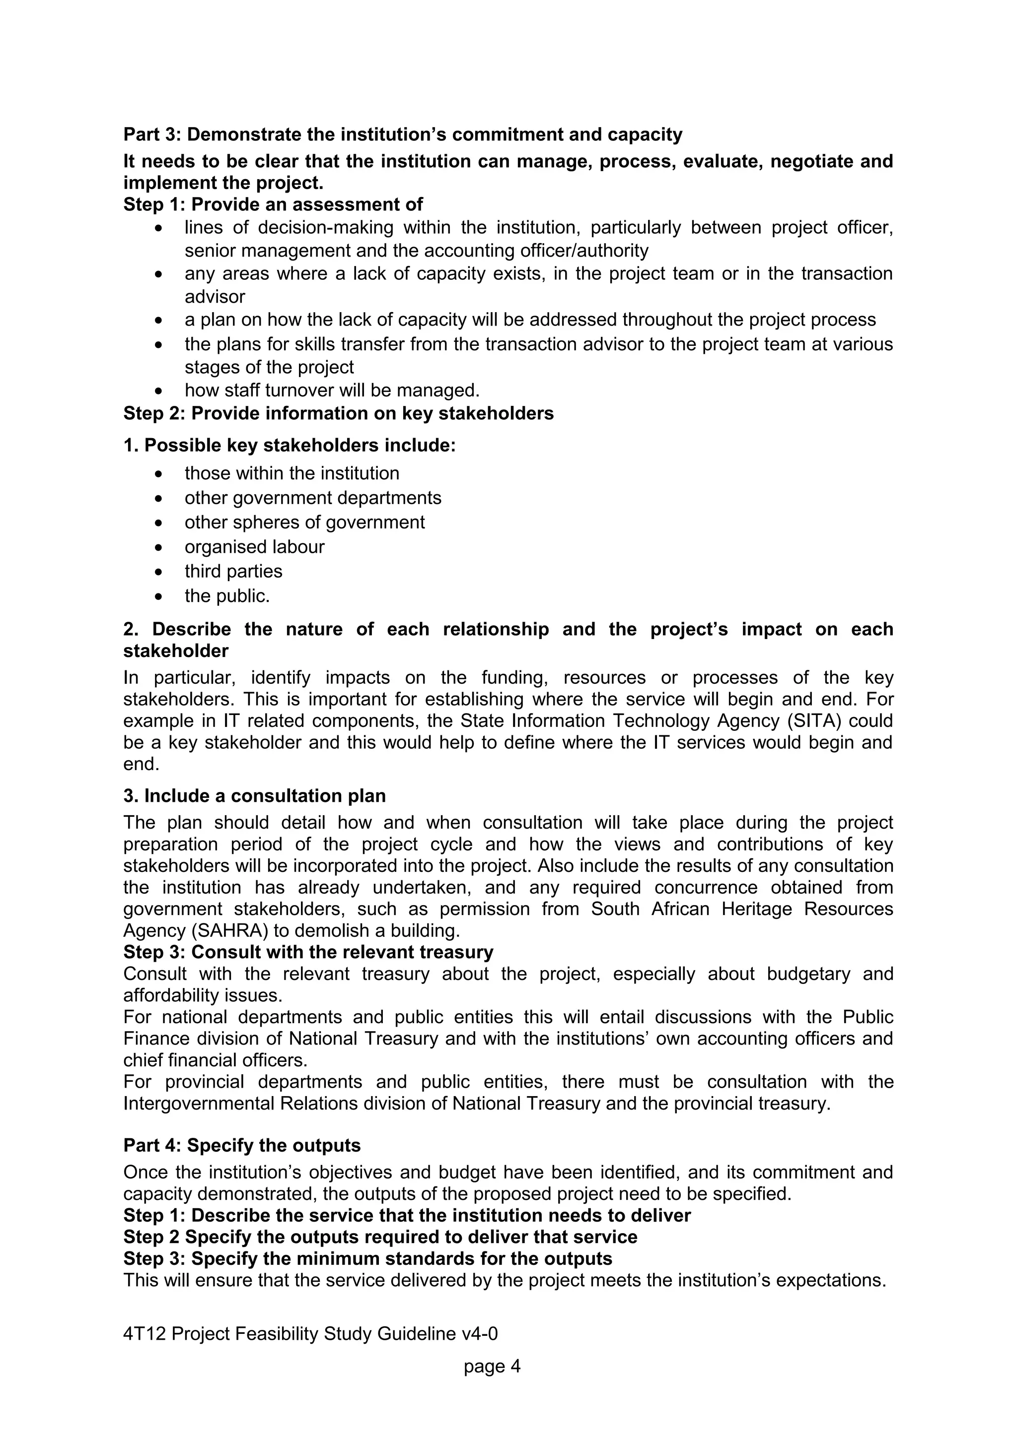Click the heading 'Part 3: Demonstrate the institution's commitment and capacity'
point(402,134)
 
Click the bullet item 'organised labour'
point(254,547)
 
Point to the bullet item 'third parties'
point(233,571)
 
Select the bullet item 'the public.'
point(227,595)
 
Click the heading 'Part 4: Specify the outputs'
point(242,1146)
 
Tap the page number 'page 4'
point(492,1366)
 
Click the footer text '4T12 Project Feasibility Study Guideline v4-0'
point(310,1334)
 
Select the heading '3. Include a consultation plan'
point(254,796)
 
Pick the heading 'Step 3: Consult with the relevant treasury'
point(308,952)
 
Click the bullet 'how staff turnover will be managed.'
point(332,391)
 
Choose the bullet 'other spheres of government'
point(304,523)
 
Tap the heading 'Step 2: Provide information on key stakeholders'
point(338,413)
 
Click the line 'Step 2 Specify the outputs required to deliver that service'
point(380,1237)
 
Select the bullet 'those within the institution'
point(291,473)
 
